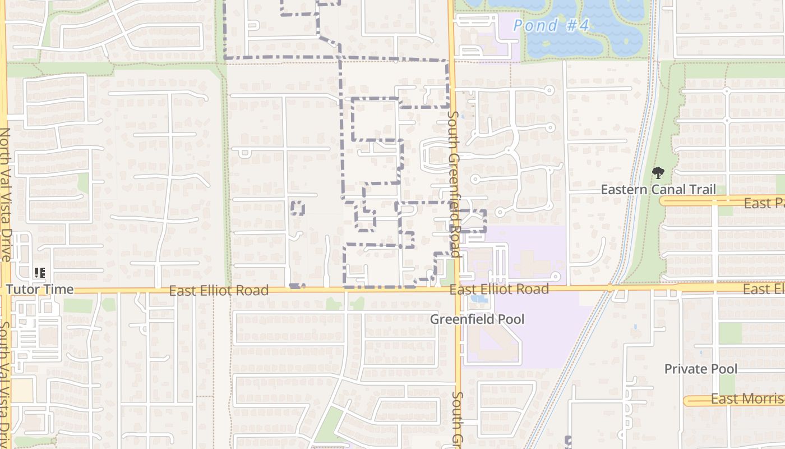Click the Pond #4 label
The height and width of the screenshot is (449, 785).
coord(551,25)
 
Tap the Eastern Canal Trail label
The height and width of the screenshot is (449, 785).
coord(658,189)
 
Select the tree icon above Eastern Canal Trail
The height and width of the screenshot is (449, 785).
coord(658,173)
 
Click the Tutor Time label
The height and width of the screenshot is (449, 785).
coord(40,289)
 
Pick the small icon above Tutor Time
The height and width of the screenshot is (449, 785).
coord(39,273)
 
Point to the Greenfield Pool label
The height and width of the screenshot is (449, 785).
coord(477,319)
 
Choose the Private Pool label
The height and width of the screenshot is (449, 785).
coord(701,369)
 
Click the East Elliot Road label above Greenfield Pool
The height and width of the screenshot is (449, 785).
coord(499,289)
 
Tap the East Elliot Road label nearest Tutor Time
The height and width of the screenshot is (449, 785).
coord(219,290)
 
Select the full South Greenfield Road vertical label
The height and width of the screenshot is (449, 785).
coord(454,184)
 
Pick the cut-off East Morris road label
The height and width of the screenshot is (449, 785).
coord(747,399)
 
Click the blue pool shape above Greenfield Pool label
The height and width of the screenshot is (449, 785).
coord(479,299)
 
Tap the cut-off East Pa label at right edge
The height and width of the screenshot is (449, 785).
coord(764,203)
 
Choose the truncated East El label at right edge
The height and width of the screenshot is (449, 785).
coord(763,289)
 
